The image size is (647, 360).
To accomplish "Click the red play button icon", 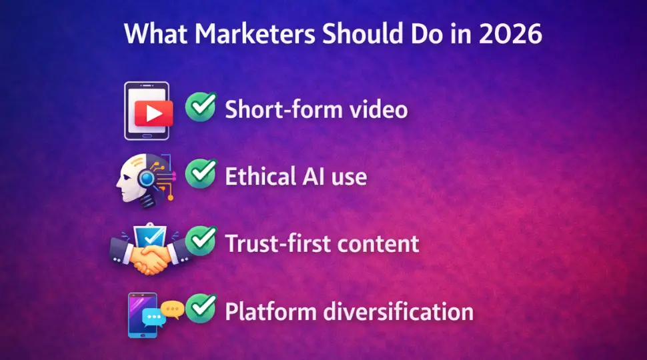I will pyautogui.click(x=153, y=114).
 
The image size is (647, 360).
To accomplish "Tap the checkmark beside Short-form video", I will pyautogui.click(x=200, y=107).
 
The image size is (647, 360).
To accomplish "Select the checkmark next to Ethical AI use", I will pyautogui.click(x=200, y=174).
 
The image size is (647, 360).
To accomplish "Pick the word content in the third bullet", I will pyautogui.click(x=380, y=243).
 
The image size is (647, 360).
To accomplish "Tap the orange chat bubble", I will pyautogui.click(x=173, y=309).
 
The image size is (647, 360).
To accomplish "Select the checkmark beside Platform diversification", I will pyautogui.click(x=200, y=308).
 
